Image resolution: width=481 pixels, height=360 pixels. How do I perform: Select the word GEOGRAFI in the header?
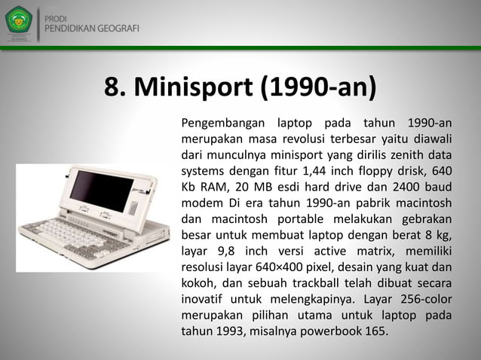pyautogui.click(x=117, y=29)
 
